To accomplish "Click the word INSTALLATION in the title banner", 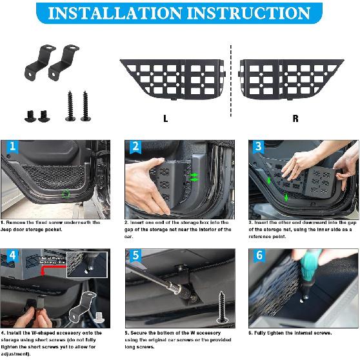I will tap(114, 13).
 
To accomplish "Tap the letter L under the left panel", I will tap(166, 119).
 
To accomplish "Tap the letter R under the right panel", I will tap(295, 119).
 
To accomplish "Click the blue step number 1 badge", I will tap(12, 148).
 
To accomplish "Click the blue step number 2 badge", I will tap(135, 147).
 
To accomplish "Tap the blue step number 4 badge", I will tap(12, 256).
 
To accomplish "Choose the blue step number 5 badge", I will tap(135, 255).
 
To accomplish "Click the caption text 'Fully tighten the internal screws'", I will tap(290, 333).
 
